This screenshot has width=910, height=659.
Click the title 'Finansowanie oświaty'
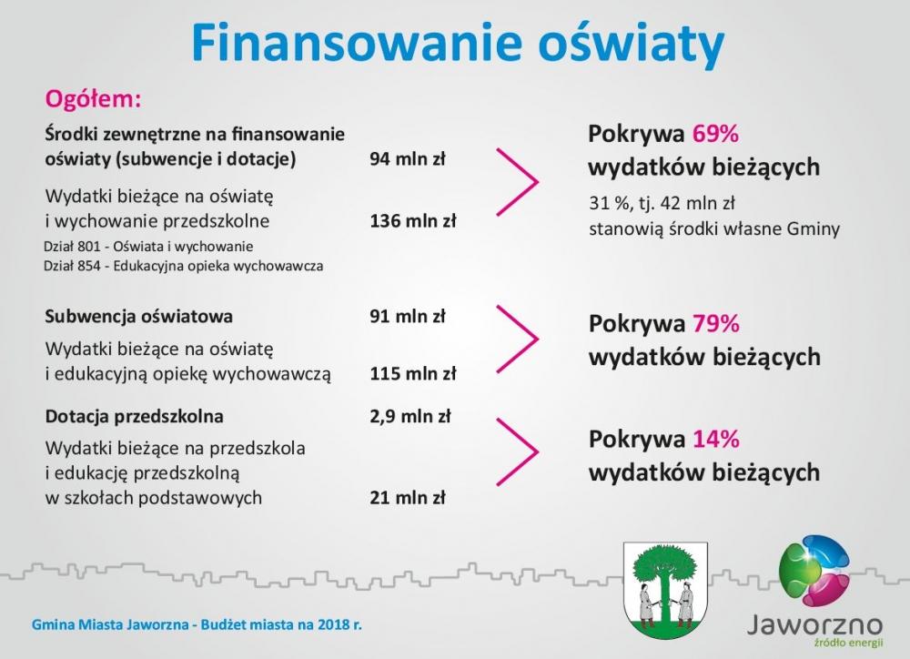[x=458, y=43]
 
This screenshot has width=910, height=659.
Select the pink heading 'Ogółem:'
[x=94, y=99]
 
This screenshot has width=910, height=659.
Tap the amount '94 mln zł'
[x=408, y=158]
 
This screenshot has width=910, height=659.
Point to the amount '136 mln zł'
[x=412, y=220]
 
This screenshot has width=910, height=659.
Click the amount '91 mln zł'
[x=408, y=316]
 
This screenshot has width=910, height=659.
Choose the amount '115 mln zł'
[x=412, y=373]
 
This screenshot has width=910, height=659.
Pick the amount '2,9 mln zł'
[x=410, y=416]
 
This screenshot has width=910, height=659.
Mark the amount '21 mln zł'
[x=408, y=498]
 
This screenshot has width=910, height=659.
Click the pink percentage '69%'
[x=715, y=134]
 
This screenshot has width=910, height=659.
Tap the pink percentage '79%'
[x=715, y=323]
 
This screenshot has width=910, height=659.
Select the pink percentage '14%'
[x=715, y=439]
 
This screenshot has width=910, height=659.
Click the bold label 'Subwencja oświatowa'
[x=138, y=317]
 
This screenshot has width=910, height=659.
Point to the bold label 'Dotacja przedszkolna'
[x=134, y=416]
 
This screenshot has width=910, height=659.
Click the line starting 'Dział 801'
[x=148, y=246]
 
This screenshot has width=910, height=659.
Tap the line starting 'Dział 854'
[x=184, y=266]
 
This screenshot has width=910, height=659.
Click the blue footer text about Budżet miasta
[x=197, y=624]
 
